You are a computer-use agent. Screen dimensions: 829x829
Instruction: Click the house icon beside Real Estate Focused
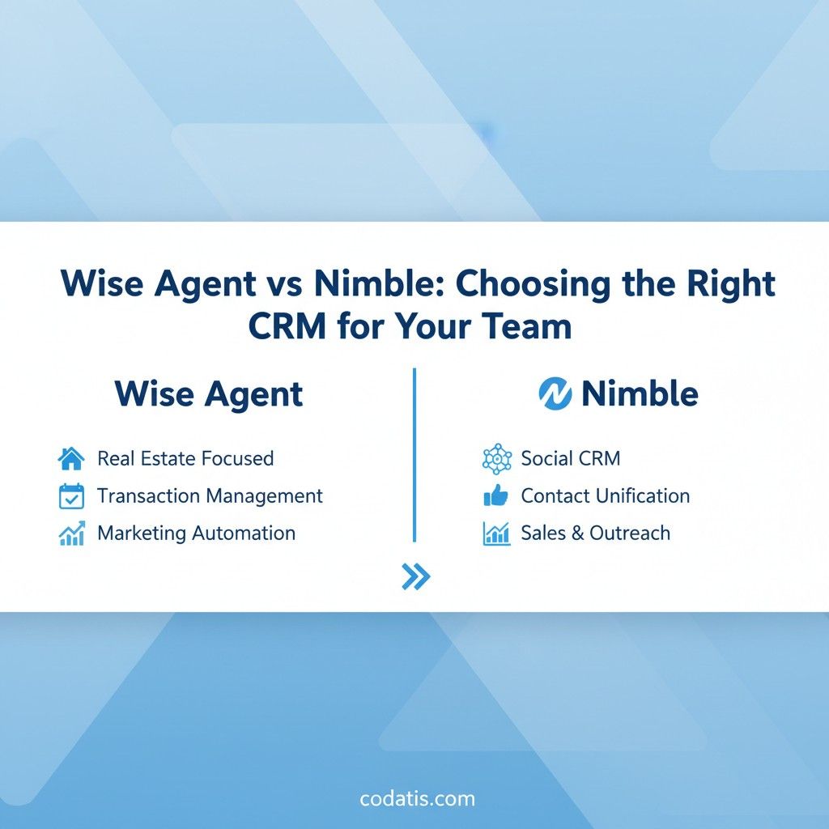(x=71, y=458)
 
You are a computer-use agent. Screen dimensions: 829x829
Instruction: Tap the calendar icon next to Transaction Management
(x=71, y=496)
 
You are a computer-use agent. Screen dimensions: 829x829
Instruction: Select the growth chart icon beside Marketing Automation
(x=71, y=533)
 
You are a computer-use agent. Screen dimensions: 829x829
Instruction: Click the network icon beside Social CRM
(x=497, y=458)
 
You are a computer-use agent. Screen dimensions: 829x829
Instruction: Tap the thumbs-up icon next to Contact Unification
(x=496, y=495)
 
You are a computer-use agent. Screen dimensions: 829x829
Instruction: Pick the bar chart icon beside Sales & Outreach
(x=496, y=533)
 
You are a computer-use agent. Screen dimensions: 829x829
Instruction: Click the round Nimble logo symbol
(x=555, y=394)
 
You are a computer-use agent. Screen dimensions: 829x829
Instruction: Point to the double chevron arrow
(x=416, y=576)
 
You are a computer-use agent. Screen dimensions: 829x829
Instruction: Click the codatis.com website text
(x=417, y=798)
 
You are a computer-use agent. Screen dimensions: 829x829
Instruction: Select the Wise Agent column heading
(x=208, y=394)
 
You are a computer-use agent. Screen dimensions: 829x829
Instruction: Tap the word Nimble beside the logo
(x=640, y=394)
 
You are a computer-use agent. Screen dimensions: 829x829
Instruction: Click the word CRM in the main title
(x=287, y=325)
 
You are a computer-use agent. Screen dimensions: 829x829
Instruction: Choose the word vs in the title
(x=285, y=284)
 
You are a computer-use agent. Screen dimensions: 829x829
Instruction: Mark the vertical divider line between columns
(x=414, y=455)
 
